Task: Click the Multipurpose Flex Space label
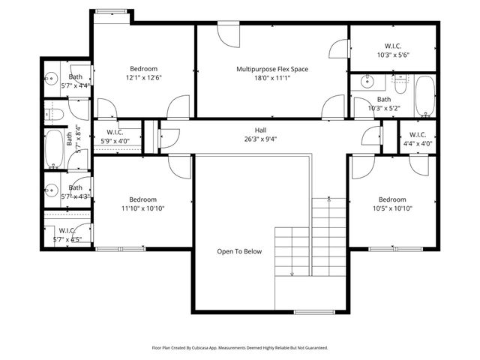click(272, 69)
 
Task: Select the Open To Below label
click(239, 251)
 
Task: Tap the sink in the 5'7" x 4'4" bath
click(52, 76)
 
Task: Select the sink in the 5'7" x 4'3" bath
click(52, 188)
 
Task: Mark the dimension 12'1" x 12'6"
click(142, 77)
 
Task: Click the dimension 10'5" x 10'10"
click(392, 208)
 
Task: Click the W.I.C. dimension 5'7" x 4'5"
click(66, 239)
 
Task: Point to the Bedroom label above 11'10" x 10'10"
click(142, 199)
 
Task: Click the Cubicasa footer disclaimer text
click(240, 348)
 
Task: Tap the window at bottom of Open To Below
click(313, 311)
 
